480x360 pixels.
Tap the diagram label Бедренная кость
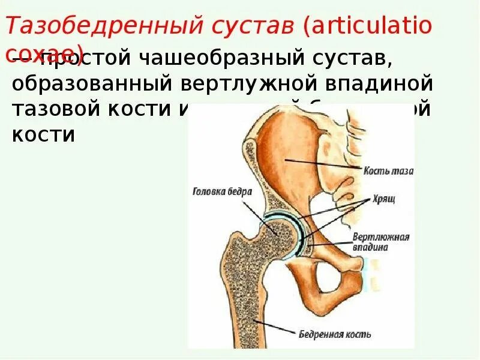coord(335,334)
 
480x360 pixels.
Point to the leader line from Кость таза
coord(324,163)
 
